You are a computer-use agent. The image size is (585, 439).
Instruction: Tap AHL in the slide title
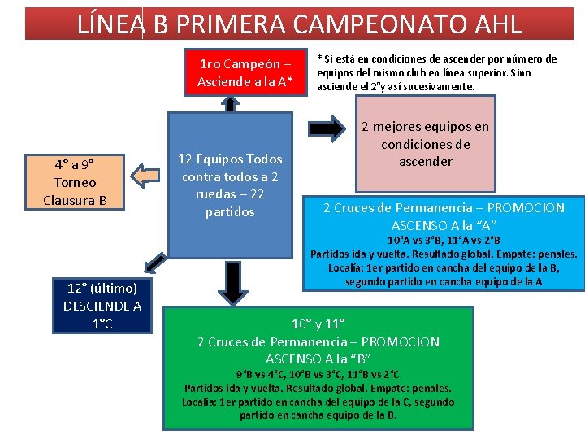coord(491,24)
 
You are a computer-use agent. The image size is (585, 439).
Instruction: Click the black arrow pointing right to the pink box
coord(329,127)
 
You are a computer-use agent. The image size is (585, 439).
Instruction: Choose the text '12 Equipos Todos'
coord(231,159)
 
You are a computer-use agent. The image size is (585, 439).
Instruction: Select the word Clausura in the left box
coord(75,199)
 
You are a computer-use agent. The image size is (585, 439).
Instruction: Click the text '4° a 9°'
coord(74,164)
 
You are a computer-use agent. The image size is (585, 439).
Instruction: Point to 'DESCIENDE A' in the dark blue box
coord(102,306)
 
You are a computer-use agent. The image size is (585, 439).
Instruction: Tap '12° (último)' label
coord(102,288)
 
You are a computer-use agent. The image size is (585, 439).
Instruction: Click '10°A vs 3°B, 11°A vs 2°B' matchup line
coord(444,241)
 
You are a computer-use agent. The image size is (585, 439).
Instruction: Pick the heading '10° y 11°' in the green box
coord(318,324)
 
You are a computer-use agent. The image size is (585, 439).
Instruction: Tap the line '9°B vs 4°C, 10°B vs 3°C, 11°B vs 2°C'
coord(318,374)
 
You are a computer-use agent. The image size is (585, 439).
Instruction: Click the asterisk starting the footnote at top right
coord(319,59)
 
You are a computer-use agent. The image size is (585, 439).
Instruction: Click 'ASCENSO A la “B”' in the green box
coord(318,359)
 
